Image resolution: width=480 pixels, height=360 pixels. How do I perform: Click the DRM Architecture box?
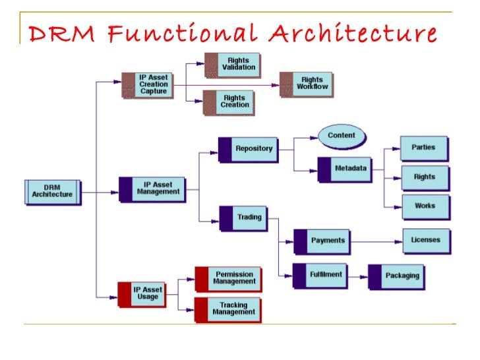(x=53, y=191)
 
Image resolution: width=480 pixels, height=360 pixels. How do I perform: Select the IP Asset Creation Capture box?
(x=148, y=84)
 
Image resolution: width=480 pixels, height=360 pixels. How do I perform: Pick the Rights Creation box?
(x=228, y=102)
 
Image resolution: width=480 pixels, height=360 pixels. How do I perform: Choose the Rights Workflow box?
(x=306, y=84)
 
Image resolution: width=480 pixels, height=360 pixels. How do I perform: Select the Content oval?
(x=341, y=136)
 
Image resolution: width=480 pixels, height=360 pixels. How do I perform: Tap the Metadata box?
(x=344, y=168)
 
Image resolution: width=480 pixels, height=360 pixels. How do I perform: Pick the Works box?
(x=425, y=206)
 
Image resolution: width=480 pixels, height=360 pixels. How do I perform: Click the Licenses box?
(x=426, y=241)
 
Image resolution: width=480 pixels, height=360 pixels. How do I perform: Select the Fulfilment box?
(x=320, y=274)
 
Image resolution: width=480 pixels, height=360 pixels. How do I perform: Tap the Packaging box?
(x=396, y=276)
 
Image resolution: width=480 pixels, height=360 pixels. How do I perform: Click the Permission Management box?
(x=228, y=278)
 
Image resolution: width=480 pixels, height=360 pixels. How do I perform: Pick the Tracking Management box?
(x=228, y=309)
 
